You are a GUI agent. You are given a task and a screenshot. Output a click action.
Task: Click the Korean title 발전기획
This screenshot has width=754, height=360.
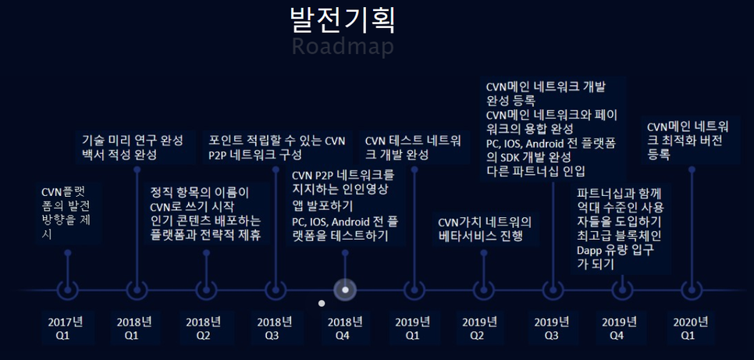point(342,20)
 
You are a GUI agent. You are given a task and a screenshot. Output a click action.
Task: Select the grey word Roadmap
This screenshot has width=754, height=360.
point(342,46)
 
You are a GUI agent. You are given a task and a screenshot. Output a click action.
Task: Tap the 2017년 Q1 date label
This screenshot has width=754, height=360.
point(65,328)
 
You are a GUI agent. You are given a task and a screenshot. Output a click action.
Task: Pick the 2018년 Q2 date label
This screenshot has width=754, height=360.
point(203,328)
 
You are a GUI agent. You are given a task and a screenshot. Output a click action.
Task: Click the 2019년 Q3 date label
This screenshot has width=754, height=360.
point(550,328)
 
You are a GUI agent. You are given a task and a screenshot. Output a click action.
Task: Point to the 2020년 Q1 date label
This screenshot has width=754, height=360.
point(690,328)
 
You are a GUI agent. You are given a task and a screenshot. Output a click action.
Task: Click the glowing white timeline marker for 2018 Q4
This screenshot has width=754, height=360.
point(345,290)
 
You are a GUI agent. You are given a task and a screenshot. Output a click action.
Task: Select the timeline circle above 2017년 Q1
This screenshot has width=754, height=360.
point(68,290)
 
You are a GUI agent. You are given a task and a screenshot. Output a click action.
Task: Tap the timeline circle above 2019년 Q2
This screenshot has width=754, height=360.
point(482,290)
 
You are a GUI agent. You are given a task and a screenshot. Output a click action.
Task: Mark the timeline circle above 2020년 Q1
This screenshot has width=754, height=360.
point(691,290)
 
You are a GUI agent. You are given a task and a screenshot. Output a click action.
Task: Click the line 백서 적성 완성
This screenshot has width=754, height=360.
point(119,155)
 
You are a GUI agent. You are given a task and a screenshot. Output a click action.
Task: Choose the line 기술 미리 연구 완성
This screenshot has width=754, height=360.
point(133,141)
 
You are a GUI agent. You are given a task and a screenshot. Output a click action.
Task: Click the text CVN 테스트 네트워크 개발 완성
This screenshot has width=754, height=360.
point(414,148)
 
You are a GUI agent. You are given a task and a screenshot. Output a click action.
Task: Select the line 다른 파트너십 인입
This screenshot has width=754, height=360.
point(535,170)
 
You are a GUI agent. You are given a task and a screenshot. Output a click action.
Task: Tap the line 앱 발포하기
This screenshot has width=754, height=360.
point(322,205)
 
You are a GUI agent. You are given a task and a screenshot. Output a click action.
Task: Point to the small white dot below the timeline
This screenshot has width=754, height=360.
point(321,303)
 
